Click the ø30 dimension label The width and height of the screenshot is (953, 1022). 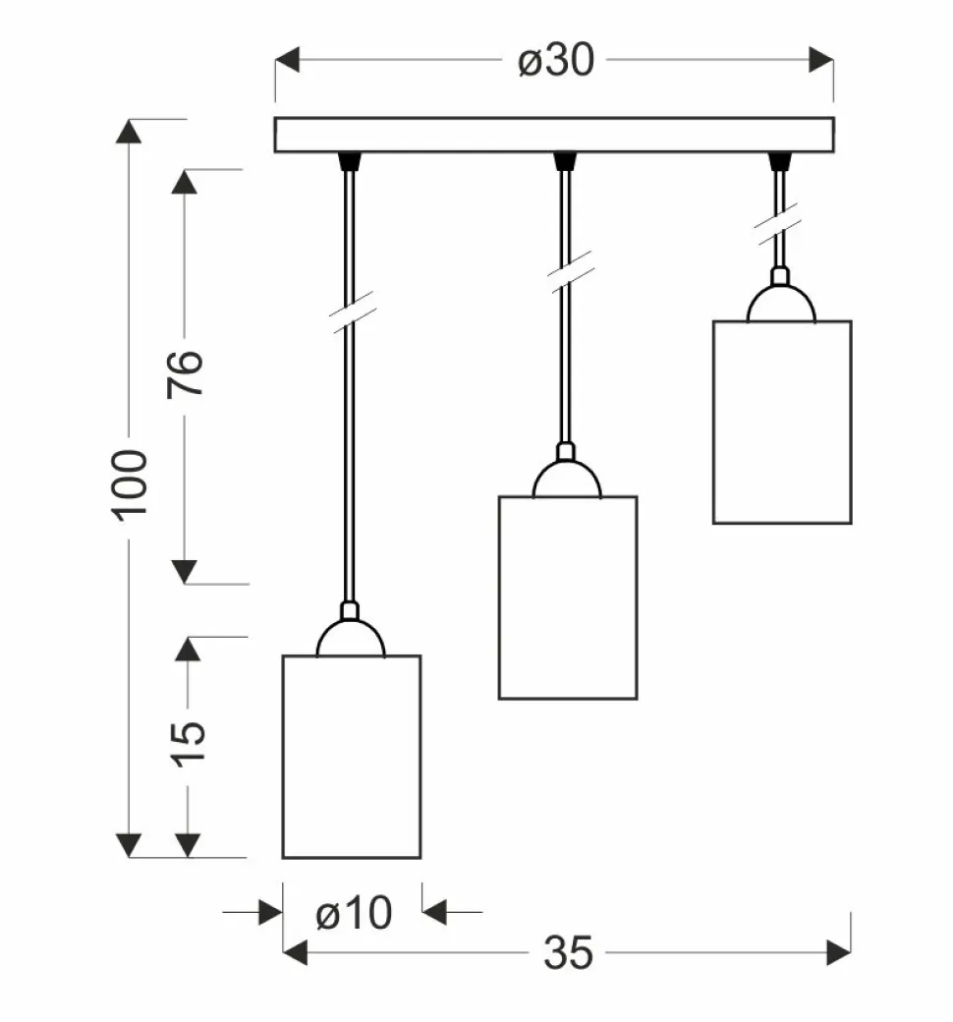[x=556, y=61]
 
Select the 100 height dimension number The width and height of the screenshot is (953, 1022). [x=131, y=484]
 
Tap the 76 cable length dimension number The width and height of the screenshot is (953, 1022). [x=186, y=372]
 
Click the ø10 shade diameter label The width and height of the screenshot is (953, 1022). [x=354, y=914]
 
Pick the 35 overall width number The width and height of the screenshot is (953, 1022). [x=568, y=952]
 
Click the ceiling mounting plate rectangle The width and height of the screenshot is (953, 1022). [x=554, y=135]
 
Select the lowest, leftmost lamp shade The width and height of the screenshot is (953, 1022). [x=352, y=756]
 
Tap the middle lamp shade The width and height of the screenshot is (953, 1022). [x=568, y=596]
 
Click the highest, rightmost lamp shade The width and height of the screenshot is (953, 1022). [x=782, y=422]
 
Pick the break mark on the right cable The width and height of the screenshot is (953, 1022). [x=777, y=226]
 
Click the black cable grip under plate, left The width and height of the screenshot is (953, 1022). [x=349, y=160]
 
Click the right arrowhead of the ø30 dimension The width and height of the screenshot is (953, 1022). [x=821, y=60]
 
